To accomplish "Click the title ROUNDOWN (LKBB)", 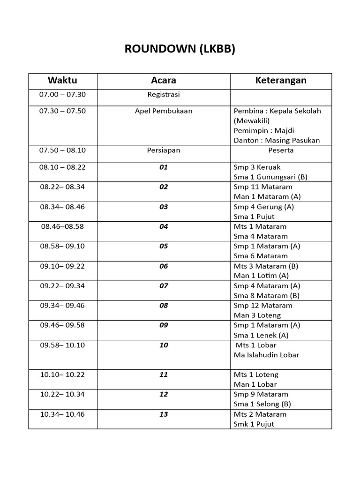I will [x=180, y=50].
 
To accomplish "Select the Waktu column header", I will [x=62, y=80].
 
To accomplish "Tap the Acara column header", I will [x=164, y=80].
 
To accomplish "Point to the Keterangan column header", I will [x=281, y=80].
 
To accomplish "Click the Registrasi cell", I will [x=164, y=94].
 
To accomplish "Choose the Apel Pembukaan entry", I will [x=164, y=111].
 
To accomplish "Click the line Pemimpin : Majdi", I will [x=264, y=130].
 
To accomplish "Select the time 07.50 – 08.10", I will [x=62, y=150].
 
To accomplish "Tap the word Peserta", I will [x=281, y=150].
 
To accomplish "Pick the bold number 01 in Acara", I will [x=164, y=167].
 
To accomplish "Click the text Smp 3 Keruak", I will [x=257, y=167].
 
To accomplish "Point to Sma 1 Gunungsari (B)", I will [x=270, y=177].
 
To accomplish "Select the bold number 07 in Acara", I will [x=164, y=286].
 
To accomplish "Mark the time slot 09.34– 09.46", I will [x=62, y=306].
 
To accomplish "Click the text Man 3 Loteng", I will [x=256, y=315].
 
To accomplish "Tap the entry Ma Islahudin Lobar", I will [x=266, y=355].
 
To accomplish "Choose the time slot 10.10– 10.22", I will [x=62, y=375].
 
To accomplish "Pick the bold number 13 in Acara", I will [x=164, y=414].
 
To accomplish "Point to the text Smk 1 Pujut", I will [x=254, y=424].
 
